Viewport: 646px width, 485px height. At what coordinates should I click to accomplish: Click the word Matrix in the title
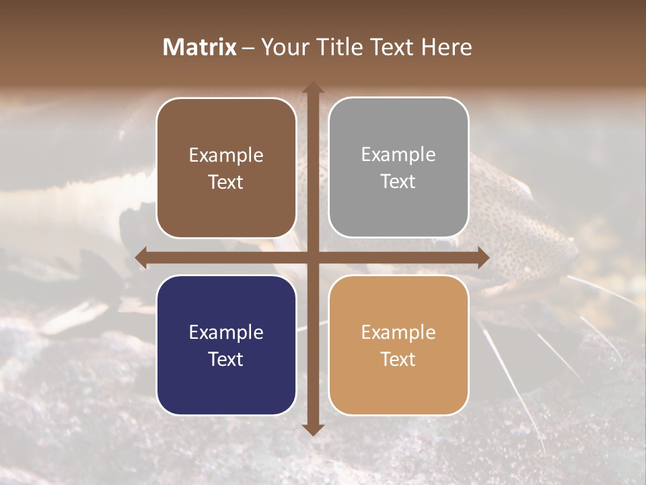[200, 47]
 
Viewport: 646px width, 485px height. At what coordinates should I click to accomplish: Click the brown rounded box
[226, 168]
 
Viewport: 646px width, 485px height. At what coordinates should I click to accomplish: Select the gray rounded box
[398, 168]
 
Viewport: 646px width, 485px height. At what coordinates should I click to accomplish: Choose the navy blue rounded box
[226, 345]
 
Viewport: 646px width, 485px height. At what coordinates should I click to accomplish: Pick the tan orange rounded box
[398, 345]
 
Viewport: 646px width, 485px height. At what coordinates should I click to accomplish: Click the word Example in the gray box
[398, 154]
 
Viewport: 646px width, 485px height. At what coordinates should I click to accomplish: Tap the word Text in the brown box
[226, 182]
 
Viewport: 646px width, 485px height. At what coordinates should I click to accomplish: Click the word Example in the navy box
[226, 332]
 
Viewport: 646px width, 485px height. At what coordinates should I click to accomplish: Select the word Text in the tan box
[398, 359]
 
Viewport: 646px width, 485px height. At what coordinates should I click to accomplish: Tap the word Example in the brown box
[226, 155]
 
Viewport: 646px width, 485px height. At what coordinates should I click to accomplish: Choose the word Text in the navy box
[226, 359]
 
